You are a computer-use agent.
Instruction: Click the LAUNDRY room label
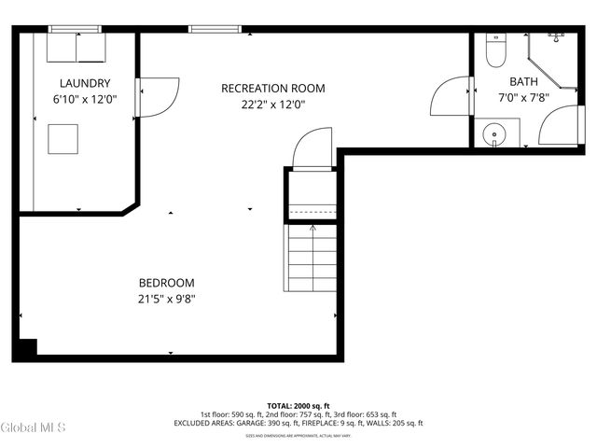85,83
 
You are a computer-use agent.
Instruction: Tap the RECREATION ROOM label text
272,89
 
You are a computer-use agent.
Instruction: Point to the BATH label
523,81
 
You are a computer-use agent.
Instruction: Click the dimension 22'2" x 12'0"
272,105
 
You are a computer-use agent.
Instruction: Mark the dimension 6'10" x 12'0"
85,99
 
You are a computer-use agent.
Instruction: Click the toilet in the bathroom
495,52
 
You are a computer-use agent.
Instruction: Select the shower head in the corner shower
556,37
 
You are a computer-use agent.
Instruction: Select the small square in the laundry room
64,138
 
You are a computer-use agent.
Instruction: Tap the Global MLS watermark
34,428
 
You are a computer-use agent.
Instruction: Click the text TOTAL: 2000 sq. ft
298,406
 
